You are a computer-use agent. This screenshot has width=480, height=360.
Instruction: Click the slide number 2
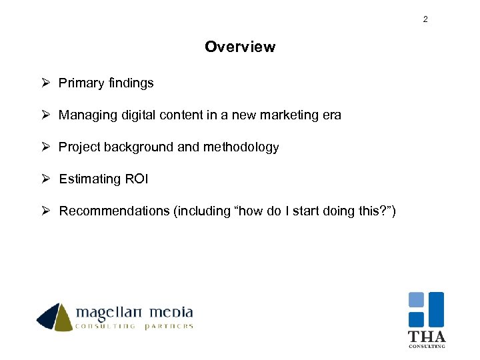click(425, 19)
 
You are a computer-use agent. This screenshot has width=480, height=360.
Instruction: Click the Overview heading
click(240, 47)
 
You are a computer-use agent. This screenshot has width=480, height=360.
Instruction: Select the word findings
click(129, 83)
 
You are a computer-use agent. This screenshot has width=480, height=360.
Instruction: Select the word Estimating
click(88, 179)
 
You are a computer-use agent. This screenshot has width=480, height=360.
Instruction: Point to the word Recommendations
click(115, 211)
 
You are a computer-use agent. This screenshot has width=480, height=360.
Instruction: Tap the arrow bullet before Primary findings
click(45, 83)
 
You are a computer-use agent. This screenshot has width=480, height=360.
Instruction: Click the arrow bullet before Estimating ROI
click(45, 179)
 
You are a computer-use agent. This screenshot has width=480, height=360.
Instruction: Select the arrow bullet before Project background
click(45, 147)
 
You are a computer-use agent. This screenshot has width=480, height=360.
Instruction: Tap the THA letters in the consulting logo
click(426, 337)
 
